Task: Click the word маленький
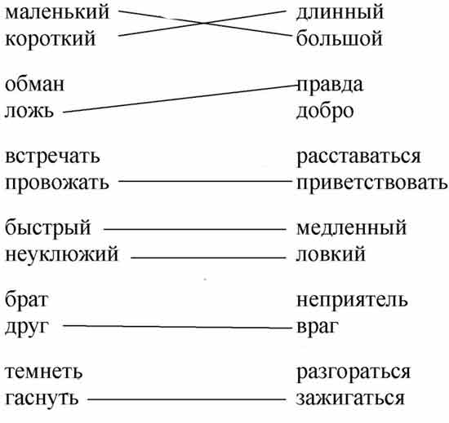[x=57, y=12]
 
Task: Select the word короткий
[x=50, y=38]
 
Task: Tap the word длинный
[x=340, y=13]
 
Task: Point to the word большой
[x=340, y=38]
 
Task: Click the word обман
[x=35, y=84]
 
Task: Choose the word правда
[x=330, y=86]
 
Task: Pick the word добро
[x=325, y=112]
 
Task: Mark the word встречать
[x=53, y=157]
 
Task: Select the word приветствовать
[x=371, y=183]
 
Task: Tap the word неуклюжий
[x=62, y=254]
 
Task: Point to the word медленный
[x=351, y=229]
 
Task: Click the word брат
[x=27, y=300]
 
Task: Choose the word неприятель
[x=352, y=301]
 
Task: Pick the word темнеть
[x=44, y=372]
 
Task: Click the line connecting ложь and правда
[x=180, y=99]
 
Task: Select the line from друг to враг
[x=177, y=327]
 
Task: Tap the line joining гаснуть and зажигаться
[x=187, y=399]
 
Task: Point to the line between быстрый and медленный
[x=195, y=229]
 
